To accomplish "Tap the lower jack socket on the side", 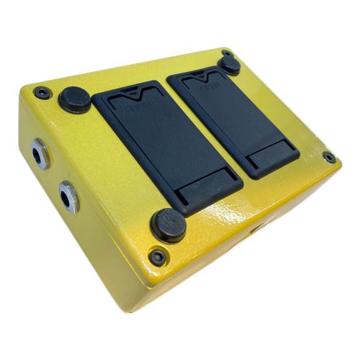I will [x=69, y=194].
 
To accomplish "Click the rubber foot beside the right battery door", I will [x=230, y=63].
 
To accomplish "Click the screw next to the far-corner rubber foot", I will [x=228, y=52].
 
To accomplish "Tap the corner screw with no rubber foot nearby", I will [x=329, y=157].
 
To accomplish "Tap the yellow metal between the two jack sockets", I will [x=54, y=176].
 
